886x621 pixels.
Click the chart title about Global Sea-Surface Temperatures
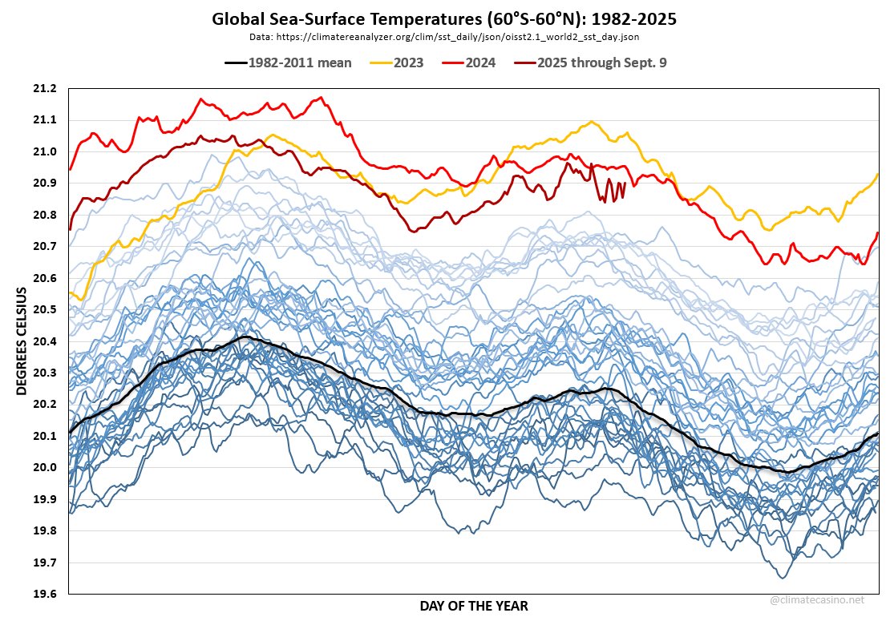coord(443,18)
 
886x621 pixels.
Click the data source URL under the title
coord(443,37)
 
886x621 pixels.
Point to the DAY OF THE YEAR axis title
coord(474,606)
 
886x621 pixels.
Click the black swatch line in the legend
coord(235,63)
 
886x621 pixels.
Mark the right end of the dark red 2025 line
coord(625,183)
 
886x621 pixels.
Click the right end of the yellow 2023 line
coord(878,174)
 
